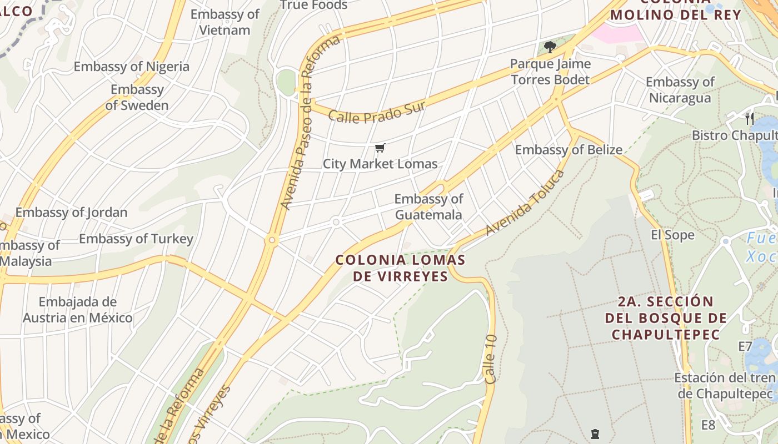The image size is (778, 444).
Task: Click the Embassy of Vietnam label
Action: pyautogui.click(x=225, y=22)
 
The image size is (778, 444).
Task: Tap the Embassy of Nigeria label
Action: pyautogui.click(x=132, y=67)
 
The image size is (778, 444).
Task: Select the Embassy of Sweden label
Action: pyautogui.click(x=137, y=97)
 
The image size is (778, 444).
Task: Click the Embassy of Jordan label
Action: pyautogui.click(x=71, y=212)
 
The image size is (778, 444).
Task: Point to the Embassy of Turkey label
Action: pyautogui.click(x=136, y=239)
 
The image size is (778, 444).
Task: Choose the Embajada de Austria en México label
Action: pyautogui.click(x=78, y=310)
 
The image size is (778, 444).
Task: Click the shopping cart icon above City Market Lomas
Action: pyautogui.click(x=380, y=148)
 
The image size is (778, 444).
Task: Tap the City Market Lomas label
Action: pyautogui.click(x=380, y=164)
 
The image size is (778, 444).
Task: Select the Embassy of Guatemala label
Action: pyautogui.click(x=428, y=206)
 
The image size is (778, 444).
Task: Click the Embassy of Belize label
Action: pyautogui.click(x=568, y=149)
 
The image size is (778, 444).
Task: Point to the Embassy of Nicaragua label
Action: pyautogui.click(x=680, y=90)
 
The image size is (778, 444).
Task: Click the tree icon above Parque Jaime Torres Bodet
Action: pyautogui.click(x=550, y=47)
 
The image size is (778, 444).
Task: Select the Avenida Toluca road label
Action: pyautogui.click(x=525, y=203)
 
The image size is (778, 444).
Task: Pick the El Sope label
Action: pyautogui.click(x=672, y=235)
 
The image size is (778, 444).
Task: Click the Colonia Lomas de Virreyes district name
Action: pyautogui.click(x=400, y=268)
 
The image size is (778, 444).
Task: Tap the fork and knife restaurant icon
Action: pyautogui.click(x=750, y=118)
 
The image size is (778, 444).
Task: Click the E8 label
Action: pyautogui.click(x=708, y=425)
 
